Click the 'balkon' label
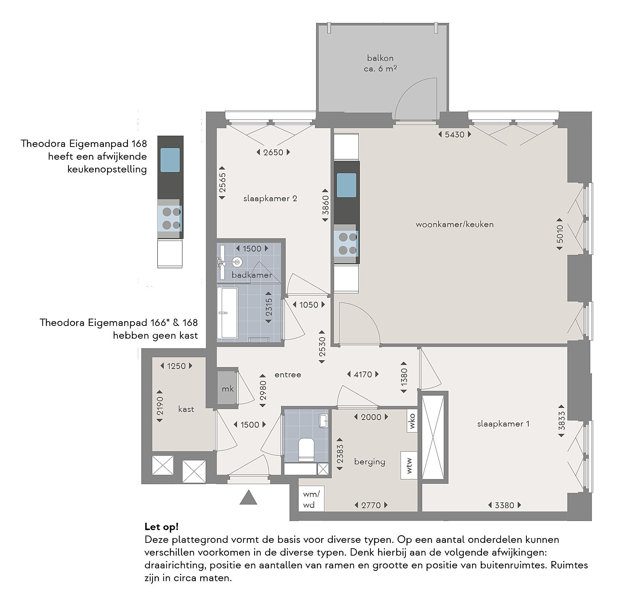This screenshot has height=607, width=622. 380,58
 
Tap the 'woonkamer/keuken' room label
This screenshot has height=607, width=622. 455,224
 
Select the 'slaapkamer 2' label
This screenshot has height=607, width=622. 270,198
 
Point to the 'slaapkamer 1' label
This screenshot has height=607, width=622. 503,424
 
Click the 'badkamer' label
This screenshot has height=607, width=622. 252,275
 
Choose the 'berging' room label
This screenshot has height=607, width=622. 370,462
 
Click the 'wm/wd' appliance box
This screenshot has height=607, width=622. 311,499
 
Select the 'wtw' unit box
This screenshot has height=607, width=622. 409,465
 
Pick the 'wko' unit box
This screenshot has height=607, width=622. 412,421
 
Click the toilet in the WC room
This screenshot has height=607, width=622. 306,450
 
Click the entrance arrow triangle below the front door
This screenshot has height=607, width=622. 248,497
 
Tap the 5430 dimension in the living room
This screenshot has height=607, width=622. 455,135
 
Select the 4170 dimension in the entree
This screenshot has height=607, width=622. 362,374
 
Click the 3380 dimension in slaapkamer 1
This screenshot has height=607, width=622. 505,505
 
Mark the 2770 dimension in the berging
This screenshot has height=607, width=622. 371,505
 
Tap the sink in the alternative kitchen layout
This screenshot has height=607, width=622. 170,160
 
